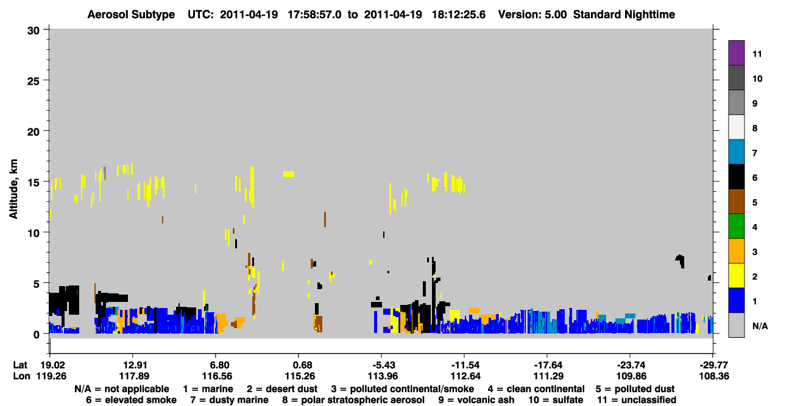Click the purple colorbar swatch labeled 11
(736, 53)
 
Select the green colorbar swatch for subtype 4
(736, 226)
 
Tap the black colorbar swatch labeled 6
(736, 177)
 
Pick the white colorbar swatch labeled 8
(736, 127)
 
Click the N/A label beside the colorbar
(760, 326)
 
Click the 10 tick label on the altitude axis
(34, 233)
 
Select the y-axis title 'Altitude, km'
(13, 189)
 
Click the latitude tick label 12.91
(134, 365)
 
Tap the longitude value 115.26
(300, 376)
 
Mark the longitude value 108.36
(714, 376)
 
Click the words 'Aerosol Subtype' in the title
(131, 15)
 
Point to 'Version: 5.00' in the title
(532, 15)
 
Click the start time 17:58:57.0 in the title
(314, 15)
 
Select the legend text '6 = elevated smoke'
(131, 400)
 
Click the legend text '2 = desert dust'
(282, 389)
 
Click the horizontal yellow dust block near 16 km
(289, 174)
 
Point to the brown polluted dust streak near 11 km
(325, 219)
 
